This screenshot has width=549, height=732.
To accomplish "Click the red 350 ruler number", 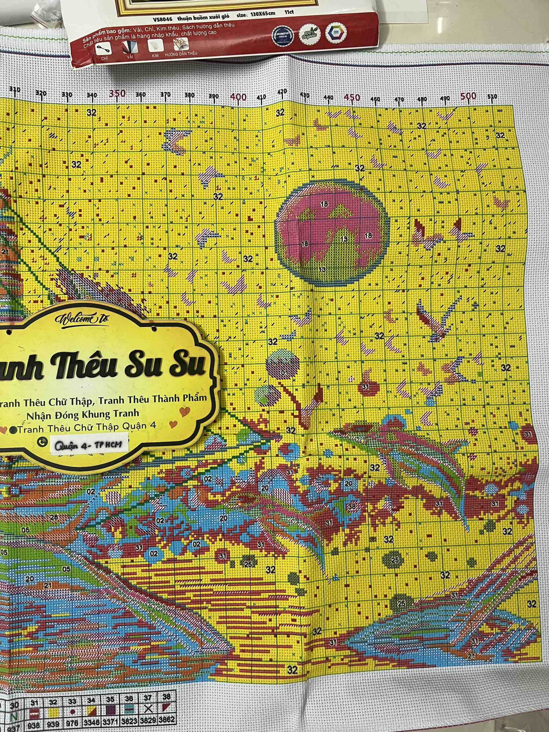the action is coord(117,93).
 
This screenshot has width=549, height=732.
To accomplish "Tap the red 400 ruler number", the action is coord(238,97).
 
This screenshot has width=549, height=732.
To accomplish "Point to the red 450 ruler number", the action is coord(351,97).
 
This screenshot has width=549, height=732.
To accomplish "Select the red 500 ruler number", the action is coord(468,96).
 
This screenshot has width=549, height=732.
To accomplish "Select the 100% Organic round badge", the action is coord(309,34).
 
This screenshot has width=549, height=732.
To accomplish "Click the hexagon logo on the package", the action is coord(336,33).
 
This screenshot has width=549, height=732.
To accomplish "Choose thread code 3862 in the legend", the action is coord(166,719).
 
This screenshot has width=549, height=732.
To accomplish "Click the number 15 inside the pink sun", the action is coord(344,239).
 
